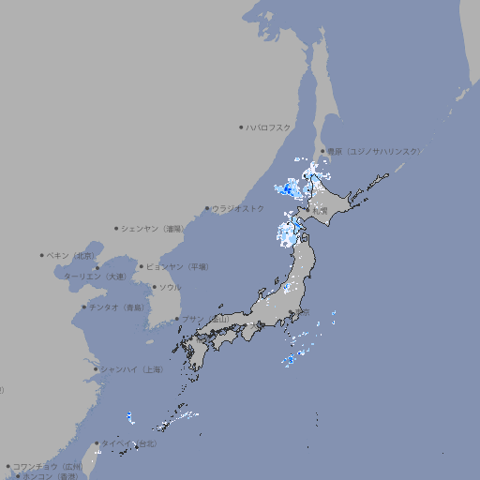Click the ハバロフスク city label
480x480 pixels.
(x=269, y=127)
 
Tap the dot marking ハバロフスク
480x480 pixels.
(x=241, y=127)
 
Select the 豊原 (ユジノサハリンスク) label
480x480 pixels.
(x=374, y=151)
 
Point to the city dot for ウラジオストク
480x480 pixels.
(x=207, y=208)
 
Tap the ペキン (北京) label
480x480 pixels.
(x=72, y=255)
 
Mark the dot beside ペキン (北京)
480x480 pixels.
(x=42, y=255)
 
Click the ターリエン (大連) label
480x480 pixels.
(x=94, y=277)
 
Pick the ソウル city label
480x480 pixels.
(x=170, y=287)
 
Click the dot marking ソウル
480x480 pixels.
(x=153, y=287)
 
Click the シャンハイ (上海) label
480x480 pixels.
(x=132, y=369)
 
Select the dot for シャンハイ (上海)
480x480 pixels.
(x=95, y=369)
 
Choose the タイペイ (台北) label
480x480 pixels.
(x=128, y=442)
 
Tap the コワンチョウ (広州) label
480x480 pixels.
(x=47, y=466)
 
